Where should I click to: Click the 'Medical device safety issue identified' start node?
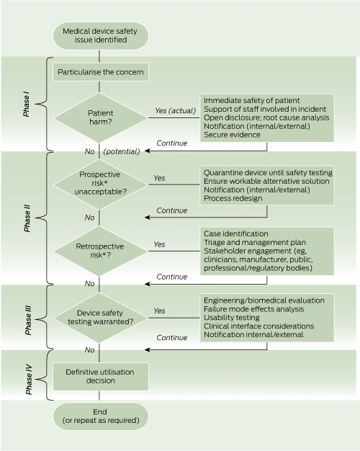coord(101,36)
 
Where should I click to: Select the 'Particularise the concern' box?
coord(101,72)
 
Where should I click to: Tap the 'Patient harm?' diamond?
coord(101,117)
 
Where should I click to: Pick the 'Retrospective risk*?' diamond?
coord(101,251)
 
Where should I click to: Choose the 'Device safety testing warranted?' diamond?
coord(101,318)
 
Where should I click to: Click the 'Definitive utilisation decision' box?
coord(101,376)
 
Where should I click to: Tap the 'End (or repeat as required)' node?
coord(101,416)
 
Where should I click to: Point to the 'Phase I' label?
coord(26,105)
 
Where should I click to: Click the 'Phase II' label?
coord(27,218)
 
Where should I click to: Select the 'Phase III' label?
coord(28,320)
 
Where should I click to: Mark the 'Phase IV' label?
coord(29,380)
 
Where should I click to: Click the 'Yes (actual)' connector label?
coord(176,111)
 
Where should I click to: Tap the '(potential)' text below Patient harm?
coord(122,151)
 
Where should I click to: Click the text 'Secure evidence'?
coord(232,135)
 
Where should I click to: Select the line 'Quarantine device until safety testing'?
coord(268,173)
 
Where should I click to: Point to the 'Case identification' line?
coord(235,233)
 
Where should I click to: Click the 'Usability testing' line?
coord(232,318)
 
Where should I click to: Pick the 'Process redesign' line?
coord(233,198)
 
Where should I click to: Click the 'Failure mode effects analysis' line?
coord(254,309)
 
